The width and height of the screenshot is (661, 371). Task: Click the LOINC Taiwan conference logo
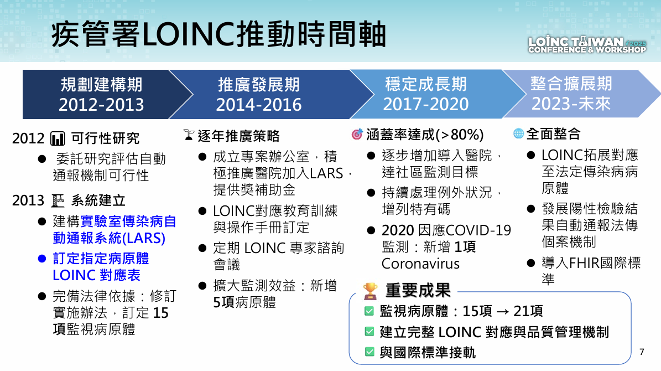click(x=587, y=45)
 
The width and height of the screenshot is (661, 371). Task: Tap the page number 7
click(x=642, y=352)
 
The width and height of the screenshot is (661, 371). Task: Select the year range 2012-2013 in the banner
click(x=101, y=105)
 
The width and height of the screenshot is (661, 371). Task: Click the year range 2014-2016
click(x=259, y=105)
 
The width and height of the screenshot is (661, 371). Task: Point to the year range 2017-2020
click(x=426, y=104)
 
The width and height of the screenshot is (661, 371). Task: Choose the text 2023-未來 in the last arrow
click(x=571, y=104)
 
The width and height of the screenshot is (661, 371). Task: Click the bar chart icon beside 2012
click(x=58, y=138)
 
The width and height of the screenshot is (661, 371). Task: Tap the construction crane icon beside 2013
click(x=58, y=200)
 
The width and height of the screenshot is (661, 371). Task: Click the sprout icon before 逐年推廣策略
click(x=189, y=135)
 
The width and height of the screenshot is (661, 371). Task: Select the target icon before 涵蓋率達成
click(x=357, y=134)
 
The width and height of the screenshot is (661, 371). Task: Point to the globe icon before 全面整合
click(x=518, y=133)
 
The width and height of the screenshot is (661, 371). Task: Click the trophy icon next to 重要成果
click(x=370, y=291)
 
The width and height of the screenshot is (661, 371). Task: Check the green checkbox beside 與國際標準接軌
click(x=369, y=352)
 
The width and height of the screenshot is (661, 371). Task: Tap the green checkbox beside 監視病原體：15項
click(x=369, y=311)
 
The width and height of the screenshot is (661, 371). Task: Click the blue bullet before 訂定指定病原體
click(x=41, y=259)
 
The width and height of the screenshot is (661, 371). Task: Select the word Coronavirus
click(x=420, y=264)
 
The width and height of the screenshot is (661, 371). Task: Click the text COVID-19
click(x=478, y=230)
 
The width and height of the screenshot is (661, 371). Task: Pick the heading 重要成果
click(x=418, y=290)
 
